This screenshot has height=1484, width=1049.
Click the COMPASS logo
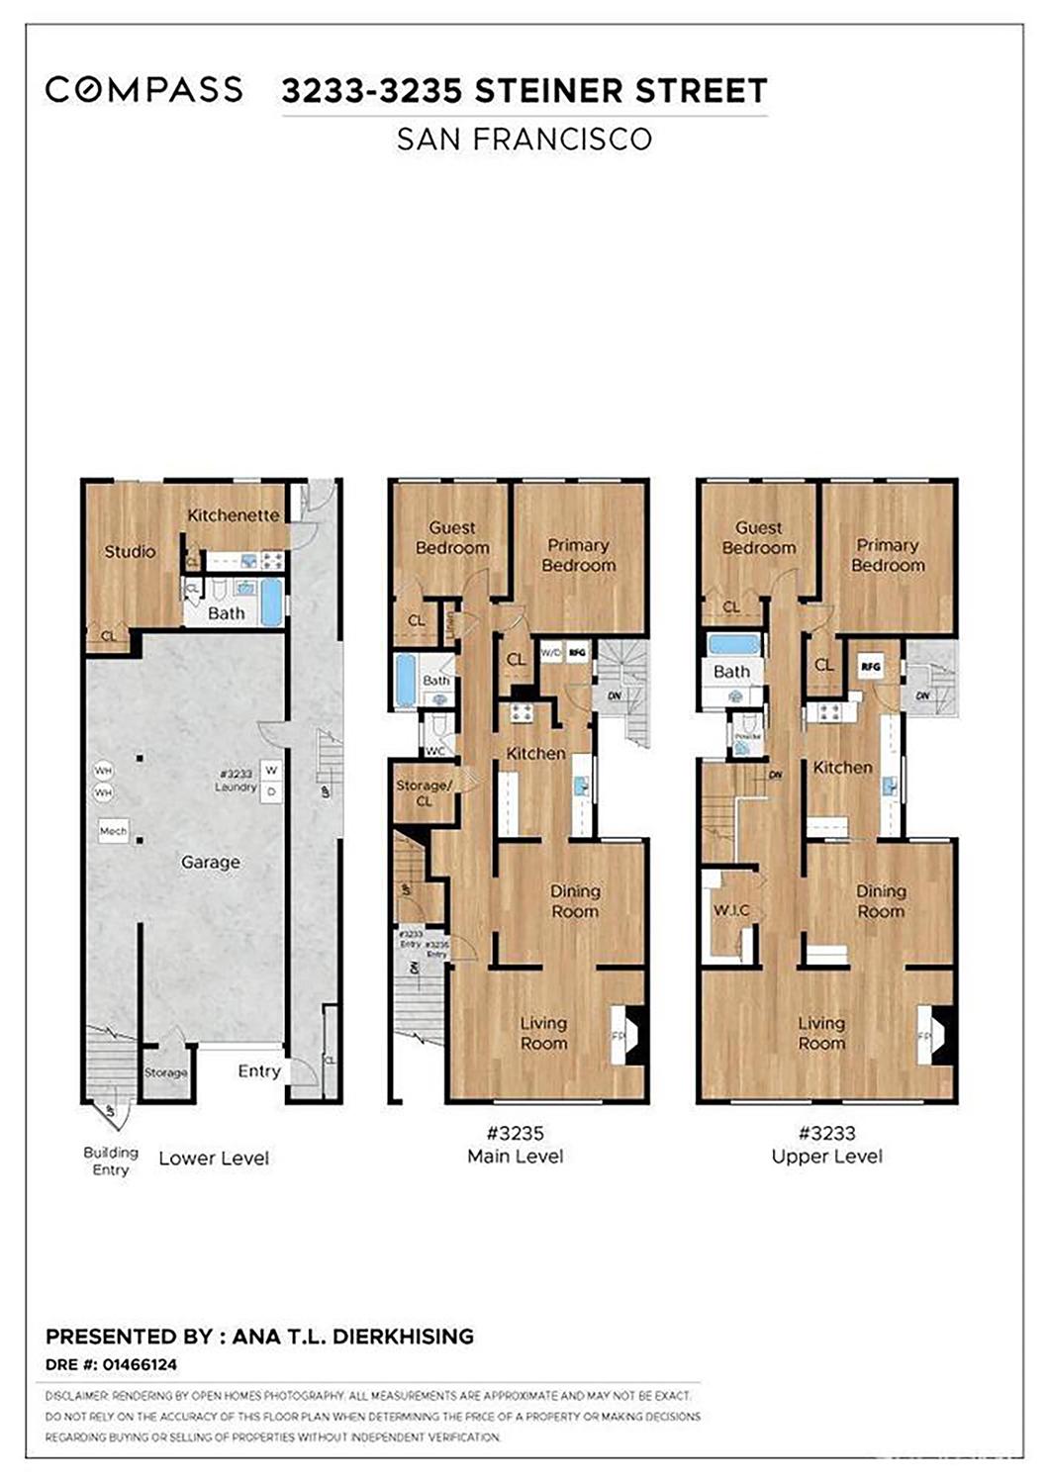coord(143,90)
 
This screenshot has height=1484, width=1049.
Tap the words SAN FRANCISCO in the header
coord(524,139)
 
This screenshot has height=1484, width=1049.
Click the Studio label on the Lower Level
coord(130,552)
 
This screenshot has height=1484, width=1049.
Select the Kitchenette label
coord(234,515)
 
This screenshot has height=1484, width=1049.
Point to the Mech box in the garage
coord(113,831)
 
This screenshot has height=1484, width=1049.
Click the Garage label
coord(210,863)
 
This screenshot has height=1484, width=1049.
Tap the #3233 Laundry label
coord(236,781)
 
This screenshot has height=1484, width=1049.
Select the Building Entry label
coord(110,1160)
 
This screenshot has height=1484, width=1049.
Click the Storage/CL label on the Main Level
coord(424,792)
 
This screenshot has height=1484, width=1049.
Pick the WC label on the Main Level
coord(434,751)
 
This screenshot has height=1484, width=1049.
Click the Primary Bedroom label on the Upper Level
coord(887,555)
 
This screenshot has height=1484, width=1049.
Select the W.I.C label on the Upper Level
coord(731,910)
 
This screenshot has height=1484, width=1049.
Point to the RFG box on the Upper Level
coord(871,667)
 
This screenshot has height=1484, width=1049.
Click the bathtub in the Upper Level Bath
coord(733,645)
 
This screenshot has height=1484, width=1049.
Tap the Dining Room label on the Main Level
coord(575,901)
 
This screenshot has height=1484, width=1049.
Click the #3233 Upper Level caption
coord(826,1145)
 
